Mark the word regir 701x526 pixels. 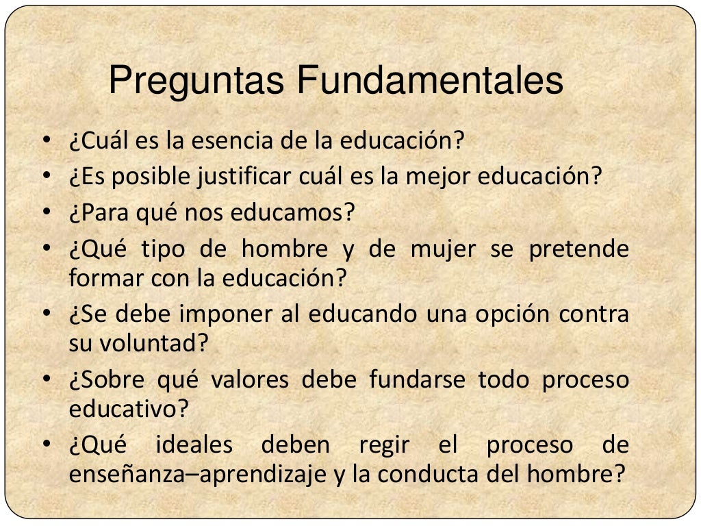[384, 445]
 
